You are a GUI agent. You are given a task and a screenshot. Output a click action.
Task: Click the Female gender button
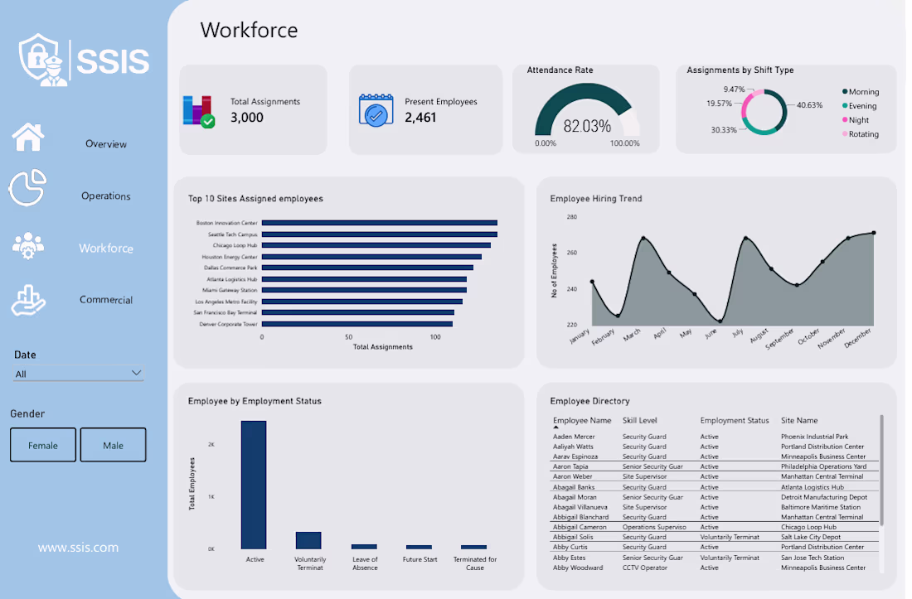click(x=43, y=445)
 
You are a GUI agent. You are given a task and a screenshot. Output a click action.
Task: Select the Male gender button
click(x=113, y=445)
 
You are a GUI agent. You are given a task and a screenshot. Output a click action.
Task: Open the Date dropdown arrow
click(x=136, y=373)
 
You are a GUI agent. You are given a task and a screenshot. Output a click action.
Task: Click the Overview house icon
click(x=28, y=138)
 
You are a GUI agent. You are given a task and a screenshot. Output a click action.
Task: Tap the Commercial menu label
click(x=106, y=300)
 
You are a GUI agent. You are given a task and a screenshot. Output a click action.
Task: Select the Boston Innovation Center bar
click(x=379, y=223)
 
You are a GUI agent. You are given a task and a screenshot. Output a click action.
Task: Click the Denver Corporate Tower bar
click(x=357, y=324)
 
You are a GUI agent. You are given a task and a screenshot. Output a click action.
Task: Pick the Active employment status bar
click(x=254, y=485)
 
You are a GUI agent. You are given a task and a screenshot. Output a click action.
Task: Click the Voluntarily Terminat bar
click(x=308, y=540)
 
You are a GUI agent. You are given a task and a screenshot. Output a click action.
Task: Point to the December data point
click(x=874, y=233)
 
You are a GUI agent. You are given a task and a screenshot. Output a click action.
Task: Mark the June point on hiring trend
click(x=720, y=321)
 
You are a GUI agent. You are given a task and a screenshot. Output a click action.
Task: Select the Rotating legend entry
click(x=861, y=134)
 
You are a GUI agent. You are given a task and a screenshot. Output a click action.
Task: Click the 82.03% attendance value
click(x=587, y=126)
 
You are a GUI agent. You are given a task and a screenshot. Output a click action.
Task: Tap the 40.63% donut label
click(x=810, y=105)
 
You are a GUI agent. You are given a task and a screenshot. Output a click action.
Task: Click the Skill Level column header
click(x=640, y=420)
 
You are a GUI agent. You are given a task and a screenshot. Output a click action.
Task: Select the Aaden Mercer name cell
click(x=574, y=437)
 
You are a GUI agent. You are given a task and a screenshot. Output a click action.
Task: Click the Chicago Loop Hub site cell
click(x=808, y=527)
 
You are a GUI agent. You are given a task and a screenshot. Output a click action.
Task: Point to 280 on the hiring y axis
click(x=572, y=217)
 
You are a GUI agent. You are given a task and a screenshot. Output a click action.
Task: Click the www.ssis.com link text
click(x=78, y=548)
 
